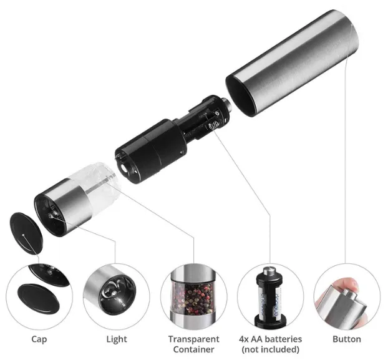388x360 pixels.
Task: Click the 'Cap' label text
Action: click(x=39, y=339)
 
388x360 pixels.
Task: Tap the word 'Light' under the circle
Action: click(x=117, y=339)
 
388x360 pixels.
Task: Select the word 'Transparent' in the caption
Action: click(x=194, y=339)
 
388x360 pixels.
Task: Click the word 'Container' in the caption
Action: click(x=194, y=349)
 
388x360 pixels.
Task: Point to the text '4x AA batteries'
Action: click(x=271, y=339)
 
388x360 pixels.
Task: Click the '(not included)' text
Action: click(x=271, y=349)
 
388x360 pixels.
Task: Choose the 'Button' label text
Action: click(x=347, y=339)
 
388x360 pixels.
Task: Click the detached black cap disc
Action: click(x=26, y=233)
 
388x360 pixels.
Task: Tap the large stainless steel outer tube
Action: click(x=292, y=63)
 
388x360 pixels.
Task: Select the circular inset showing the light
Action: click(x=116, y=296)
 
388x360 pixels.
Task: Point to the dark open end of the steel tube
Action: click(x=242, y=95)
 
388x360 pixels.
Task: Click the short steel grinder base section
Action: click(x=62, y=207)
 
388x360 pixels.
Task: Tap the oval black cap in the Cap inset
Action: click(x=39, y=298)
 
